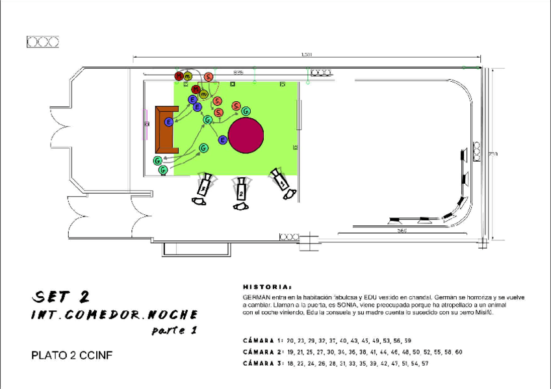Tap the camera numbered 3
(204, 186)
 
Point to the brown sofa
(166, 129)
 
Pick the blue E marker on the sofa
(168, 122)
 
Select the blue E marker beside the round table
(222, 140)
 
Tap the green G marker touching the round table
(246, 112)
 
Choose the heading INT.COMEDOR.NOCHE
(114, 315)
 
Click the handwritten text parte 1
(173, 331)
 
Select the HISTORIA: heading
(267, 286)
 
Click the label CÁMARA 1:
(263, 340)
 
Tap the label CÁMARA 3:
(263, 364)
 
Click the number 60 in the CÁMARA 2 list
(458, 352)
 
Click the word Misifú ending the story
(484, 312)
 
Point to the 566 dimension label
(402, 230)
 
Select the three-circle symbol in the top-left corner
(43, 42)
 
